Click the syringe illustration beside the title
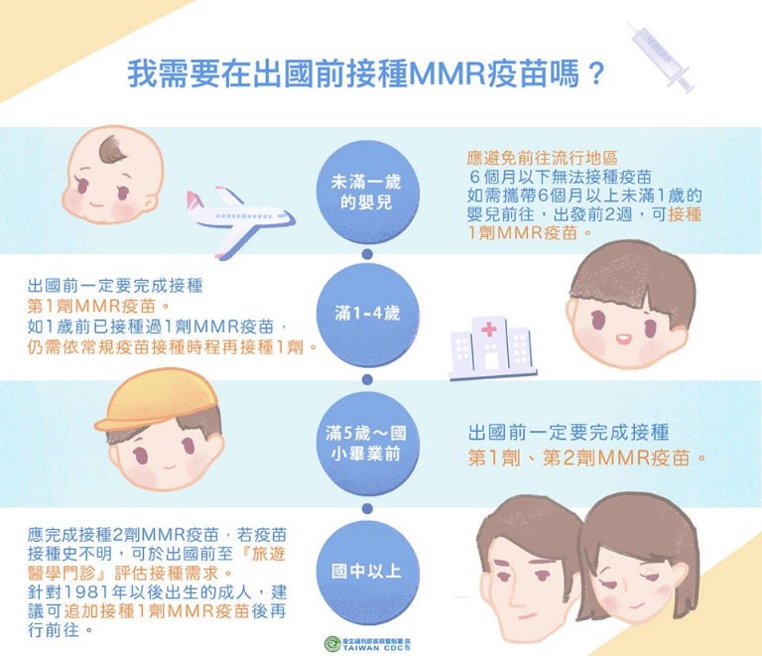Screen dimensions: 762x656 click(663, 59)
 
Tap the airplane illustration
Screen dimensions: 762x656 click(239, 221)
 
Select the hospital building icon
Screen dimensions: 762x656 click(492, 348)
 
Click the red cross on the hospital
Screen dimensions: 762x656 click(489, 330)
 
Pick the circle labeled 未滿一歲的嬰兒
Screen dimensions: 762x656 click(367, 193)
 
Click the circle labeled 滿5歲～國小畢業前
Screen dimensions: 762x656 click(367, 445)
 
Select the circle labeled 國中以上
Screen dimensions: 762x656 click(367, 572)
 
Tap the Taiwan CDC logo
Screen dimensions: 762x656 click(367, 644)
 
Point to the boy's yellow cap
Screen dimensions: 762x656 click(155, 402)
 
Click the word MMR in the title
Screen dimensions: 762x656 click(447, 74)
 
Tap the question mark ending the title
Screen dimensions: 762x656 click(594, 74)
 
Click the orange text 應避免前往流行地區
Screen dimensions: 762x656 click(542, 158)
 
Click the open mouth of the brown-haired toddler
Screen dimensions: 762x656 click(623, 337)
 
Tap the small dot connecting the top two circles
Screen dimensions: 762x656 click(367, 254)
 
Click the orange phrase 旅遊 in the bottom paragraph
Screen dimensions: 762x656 click(268, 554)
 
